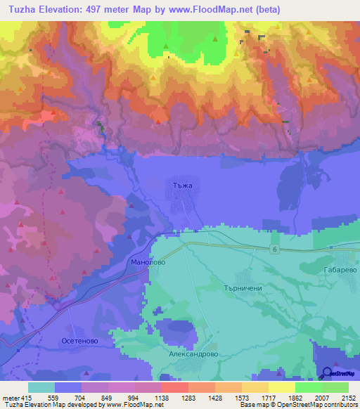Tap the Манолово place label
click(148, 261)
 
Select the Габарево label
click(338, 269)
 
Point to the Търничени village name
click(241, 288)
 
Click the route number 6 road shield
click(274, 250)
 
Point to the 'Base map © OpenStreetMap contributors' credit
click(297, 405)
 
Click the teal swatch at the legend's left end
click(41, 387)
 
